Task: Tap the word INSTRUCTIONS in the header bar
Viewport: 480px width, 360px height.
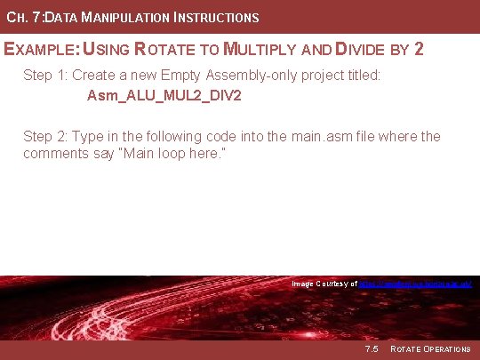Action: point(220,18)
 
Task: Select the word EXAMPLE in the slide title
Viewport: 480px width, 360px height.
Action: point(41,49)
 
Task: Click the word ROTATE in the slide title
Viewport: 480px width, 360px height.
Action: point(172,49)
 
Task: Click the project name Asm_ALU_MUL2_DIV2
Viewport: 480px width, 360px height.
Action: point(164,94)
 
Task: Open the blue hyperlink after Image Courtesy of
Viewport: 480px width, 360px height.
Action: point(414,284)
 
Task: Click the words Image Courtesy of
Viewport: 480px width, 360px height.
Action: point(324,284)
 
